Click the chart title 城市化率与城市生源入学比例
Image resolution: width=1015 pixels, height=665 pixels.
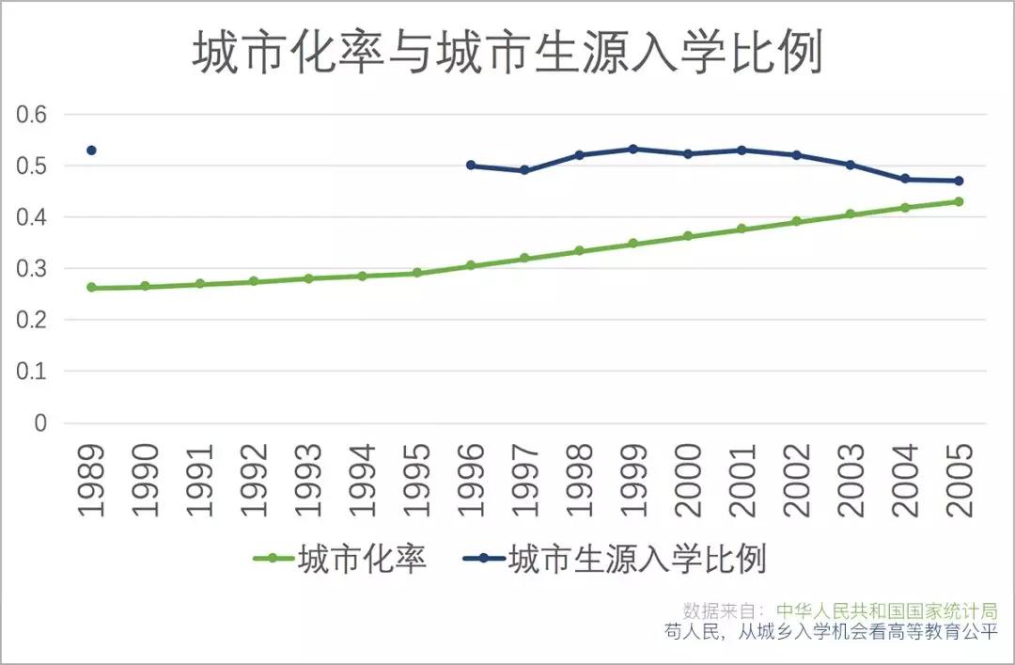[507, 55]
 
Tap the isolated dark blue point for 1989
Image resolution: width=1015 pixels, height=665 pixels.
[91, 150]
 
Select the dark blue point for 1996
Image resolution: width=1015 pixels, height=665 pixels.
[471, 166]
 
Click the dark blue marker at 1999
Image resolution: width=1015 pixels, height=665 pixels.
[633, 150]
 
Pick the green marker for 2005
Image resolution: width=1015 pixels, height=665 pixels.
[960, 201]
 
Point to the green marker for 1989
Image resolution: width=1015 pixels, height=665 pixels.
[91, 288]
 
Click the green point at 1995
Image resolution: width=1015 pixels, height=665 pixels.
[417, 273]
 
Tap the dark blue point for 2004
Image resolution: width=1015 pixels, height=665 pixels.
[905, 179]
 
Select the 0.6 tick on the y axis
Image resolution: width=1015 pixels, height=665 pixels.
[34, 115]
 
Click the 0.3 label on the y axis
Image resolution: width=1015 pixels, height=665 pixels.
[34, 269]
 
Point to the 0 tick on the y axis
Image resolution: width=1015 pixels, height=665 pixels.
[40, 423]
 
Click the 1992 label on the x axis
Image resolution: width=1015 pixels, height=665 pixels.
[254, 479]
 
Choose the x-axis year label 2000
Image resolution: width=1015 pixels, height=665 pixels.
[688, 479]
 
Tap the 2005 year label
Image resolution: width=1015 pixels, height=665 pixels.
[960, 479]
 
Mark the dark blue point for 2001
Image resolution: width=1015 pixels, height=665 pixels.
[742, 150]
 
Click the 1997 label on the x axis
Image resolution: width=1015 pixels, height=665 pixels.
[525, 479]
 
